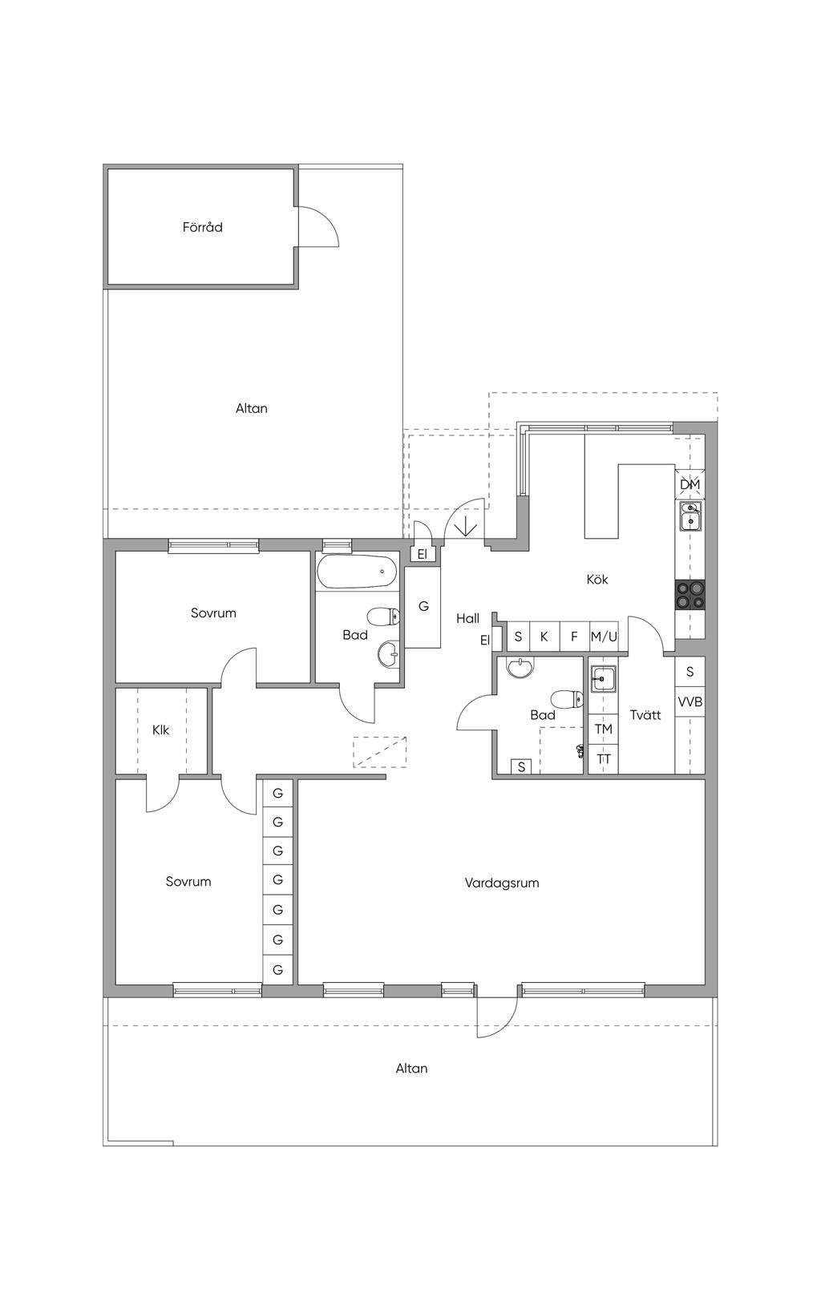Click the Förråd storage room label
[x=202, y=227]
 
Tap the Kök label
[x=597, y=579]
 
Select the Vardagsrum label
[x=502, y=883]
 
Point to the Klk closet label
[x=161, y=730]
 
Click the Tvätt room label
[x=645, y=714]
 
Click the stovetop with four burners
[x=690, y=596]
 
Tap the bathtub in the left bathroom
[x=356, y=571]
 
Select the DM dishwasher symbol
[x=690, y=484]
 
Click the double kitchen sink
[x=690, y=516]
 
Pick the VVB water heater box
[x=690, y=701]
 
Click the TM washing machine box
[x=604, y=730]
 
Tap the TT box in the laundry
[x=604, y=759]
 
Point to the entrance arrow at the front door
[x=466, y=524]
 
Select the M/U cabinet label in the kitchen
[x=604, y=637]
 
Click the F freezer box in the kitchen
[x=574, y=636]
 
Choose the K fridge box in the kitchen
[x=544, y=636]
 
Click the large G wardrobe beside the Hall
[x=423, y=606]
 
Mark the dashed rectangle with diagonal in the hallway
[x=379, y=751]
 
